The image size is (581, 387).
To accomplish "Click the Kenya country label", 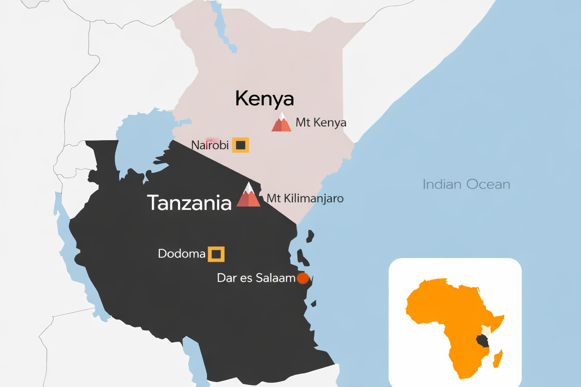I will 264,99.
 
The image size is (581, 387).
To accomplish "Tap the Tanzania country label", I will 189,203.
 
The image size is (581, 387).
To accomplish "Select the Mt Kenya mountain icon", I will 281,122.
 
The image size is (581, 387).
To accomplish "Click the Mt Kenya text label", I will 321,122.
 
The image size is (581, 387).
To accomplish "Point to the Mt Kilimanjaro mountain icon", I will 249,196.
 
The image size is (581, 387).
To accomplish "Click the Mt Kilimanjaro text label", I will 305,198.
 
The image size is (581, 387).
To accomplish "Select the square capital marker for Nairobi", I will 241,145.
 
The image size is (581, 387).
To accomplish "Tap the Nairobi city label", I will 210,145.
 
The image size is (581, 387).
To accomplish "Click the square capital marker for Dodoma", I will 216,254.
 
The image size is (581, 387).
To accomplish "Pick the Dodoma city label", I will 182,254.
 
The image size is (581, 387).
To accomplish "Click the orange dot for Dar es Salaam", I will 303,278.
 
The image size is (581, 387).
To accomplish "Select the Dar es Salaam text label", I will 256,278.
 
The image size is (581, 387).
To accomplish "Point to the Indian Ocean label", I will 466,184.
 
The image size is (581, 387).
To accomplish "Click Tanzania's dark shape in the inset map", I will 482,341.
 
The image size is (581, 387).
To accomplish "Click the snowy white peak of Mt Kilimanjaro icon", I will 249,186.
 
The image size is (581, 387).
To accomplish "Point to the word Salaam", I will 275,278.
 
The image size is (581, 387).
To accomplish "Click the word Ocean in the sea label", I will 488,184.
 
